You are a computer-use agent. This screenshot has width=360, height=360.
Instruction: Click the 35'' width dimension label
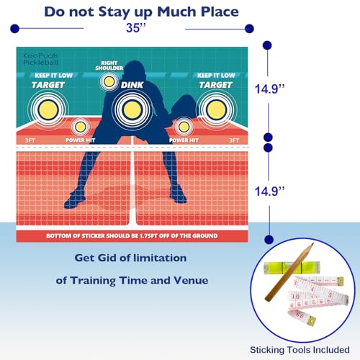click(136, 28)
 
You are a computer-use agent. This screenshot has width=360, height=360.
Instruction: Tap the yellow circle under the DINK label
click(132, 109)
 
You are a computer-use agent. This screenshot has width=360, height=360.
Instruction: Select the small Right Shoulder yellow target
click(109, 81)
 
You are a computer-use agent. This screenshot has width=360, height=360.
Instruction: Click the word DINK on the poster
click(132, 85)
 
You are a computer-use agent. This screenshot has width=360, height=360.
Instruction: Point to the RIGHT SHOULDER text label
click(109, 66)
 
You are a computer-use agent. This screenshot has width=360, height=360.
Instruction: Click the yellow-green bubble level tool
click(292, 268)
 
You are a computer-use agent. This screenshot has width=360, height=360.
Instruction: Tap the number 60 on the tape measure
click(300, 314)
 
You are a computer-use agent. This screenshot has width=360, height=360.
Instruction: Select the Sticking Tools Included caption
click(300, 350)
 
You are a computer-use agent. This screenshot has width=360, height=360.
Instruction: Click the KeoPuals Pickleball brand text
click(40, 59)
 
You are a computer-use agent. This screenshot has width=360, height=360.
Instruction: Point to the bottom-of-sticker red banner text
click(132, 236)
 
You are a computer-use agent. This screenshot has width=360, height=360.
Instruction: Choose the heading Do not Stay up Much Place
click(141, 12)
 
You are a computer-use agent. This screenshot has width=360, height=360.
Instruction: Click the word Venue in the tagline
click(191, 280)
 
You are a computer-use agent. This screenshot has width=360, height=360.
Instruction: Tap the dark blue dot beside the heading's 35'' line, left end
click(14, 29)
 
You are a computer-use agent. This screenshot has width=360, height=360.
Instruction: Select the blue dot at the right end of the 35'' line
click(249, 29)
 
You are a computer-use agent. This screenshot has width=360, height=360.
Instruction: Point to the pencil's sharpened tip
click(312, 244)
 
